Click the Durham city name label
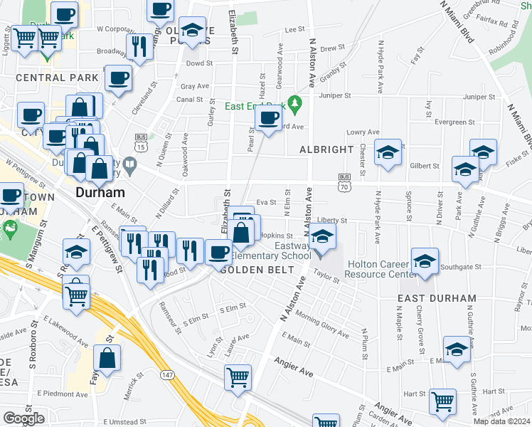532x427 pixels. pyautogui.click(x=100, y=192)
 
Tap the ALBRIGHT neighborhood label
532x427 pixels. pyautogui.click(x=326, y=149)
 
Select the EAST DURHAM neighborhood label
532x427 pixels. pyautogui.click(x=437, y=298)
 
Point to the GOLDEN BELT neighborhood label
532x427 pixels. pyautogui.click(x=252, y=270)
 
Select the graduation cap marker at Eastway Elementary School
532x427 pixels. pyautogui.click(x=322, y=238)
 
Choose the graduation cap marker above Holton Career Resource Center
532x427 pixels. pyautogui.click(x=425, y=260)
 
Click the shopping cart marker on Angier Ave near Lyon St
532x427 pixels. pyautogui.click(x=238, y=376)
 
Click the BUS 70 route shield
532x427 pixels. pyautogui.click(x=344, y=182)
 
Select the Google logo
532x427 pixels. pyautogui.click(x=23, y=418)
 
